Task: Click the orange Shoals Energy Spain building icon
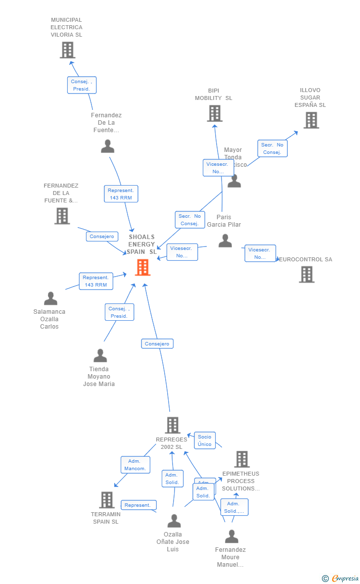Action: [142, 267]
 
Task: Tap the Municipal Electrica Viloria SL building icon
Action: [67, 50]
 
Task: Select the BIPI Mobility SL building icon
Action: [214, 113]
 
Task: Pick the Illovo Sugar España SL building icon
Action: [311, 120]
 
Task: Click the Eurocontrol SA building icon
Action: [307, 274]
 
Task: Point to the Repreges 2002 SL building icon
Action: [172, 425]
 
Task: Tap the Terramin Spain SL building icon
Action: [107, 500]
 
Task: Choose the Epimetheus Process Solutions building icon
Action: [242, 459]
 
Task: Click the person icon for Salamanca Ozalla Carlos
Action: [50, 298]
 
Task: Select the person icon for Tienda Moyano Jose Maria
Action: [100, 356]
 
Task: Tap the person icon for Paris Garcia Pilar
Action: [225, 241]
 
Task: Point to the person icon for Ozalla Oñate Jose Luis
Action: [174, 521]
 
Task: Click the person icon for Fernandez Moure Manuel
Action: [231, 536]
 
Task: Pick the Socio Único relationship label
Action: [204, 440]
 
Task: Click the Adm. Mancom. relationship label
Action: [135, 465]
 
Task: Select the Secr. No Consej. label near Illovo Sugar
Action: [272, 148]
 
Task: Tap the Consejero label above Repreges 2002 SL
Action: [157, 343]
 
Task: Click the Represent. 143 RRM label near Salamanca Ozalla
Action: [96, 281]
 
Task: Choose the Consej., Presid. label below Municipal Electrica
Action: [82, 85]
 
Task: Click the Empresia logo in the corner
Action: [345, 578]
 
